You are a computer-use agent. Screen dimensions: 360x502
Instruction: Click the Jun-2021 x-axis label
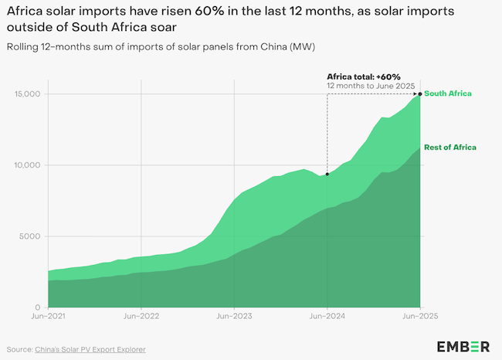pyautogui.click(x=49, y=316)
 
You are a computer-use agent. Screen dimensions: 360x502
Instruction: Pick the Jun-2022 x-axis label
pyautogui.click(x=141, y=316)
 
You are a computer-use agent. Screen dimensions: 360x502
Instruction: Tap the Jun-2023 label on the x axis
pyautogui.click(x=234, y=316)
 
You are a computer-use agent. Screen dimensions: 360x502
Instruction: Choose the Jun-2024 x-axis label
pyautogui.click(x=327, y=316)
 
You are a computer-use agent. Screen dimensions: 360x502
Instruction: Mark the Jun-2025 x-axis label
pyautogui.click(x=420, y=316)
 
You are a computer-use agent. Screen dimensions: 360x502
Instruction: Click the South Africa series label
pyautogui.click(x=448, y=93)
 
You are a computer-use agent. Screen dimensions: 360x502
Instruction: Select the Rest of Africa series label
pyautogui.click(x=450, y=147)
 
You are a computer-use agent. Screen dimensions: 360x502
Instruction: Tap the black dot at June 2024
pyautogui.click(x=327, y=174)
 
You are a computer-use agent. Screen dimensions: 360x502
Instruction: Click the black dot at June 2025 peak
pyautogui.click(x=420, y=94)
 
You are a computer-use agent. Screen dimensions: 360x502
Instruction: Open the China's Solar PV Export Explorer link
pyautogui.click(x=90, y=349)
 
